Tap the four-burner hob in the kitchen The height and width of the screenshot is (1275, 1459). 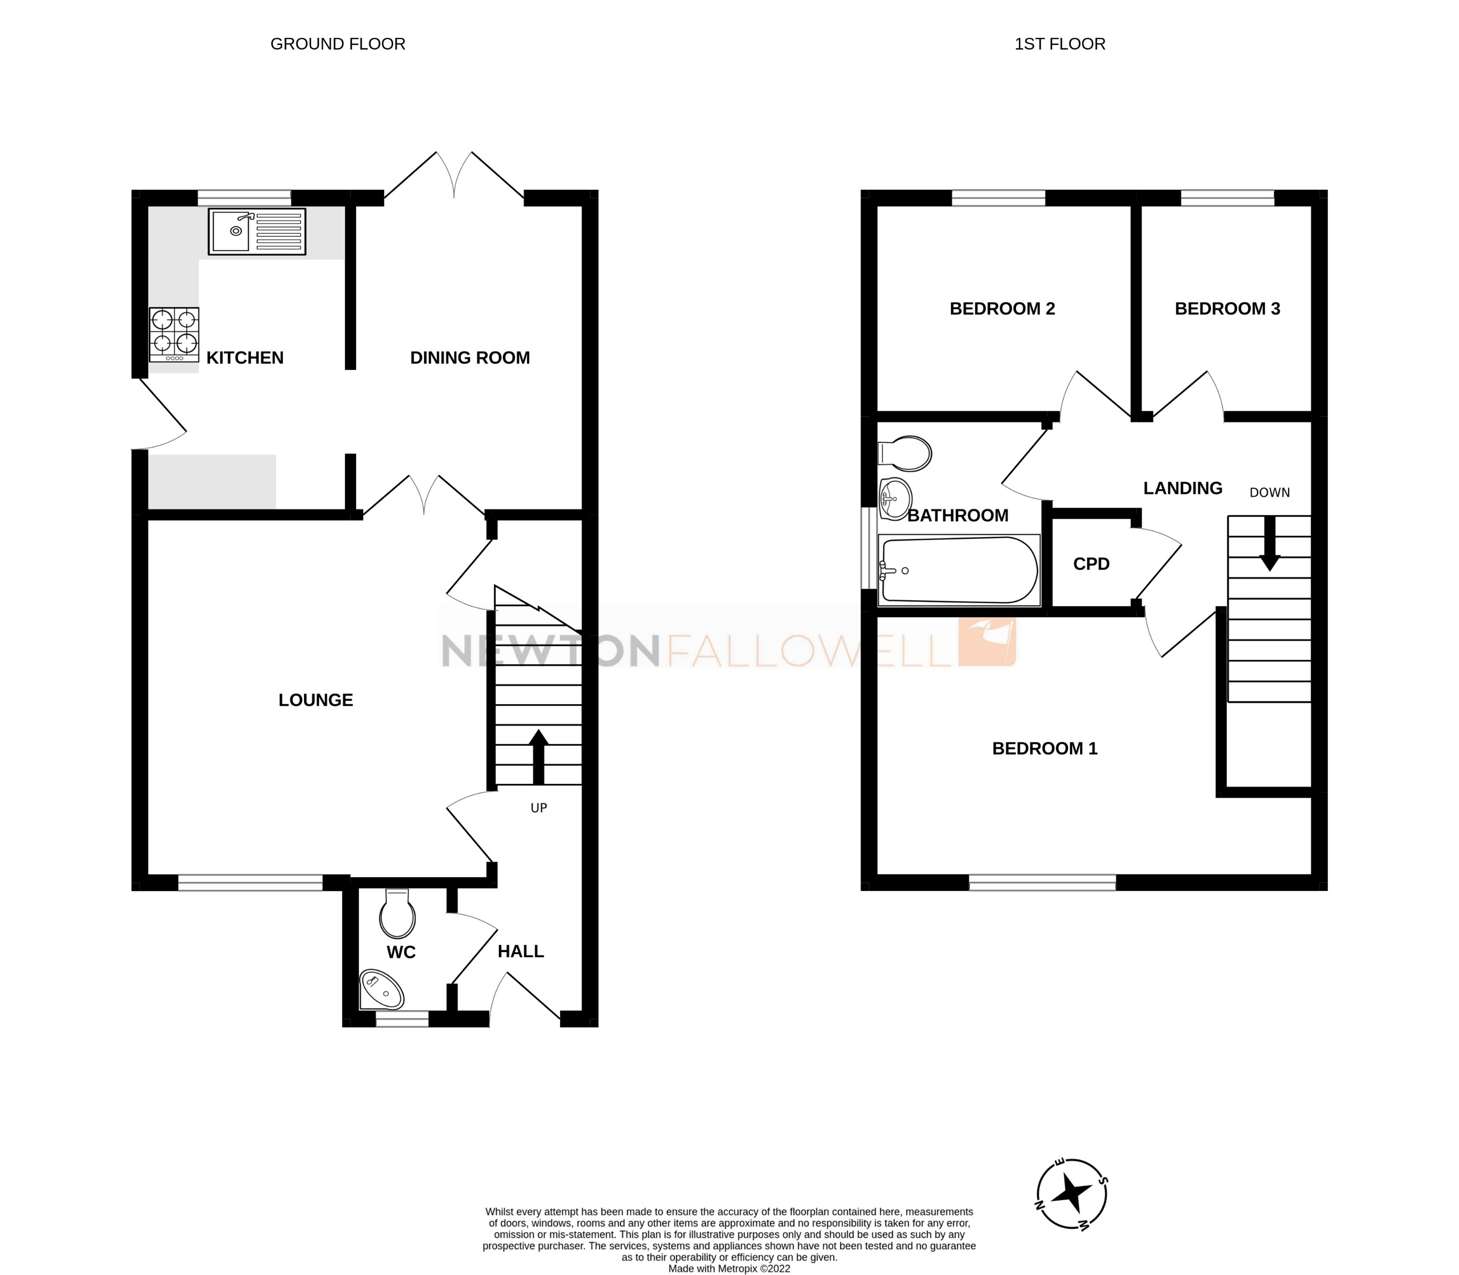pos(174,334)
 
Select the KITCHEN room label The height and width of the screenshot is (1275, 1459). pos(245,358)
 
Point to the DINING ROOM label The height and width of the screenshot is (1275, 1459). pos(469,358)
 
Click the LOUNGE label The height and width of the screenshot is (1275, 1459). pos(315,700)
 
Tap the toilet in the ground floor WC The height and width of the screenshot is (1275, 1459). pos(397,914)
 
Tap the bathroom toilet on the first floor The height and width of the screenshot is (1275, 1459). pos(905,453)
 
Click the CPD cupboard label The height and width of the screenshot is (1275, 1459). pos(1091,564)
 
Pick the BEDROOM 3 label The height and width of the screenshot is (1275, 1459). pos(1227,309)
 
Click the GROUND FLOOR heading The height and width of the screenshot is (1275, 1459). pos(338,44)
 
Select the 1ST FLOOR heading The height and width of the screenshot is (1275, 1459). pos(1059,44)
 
